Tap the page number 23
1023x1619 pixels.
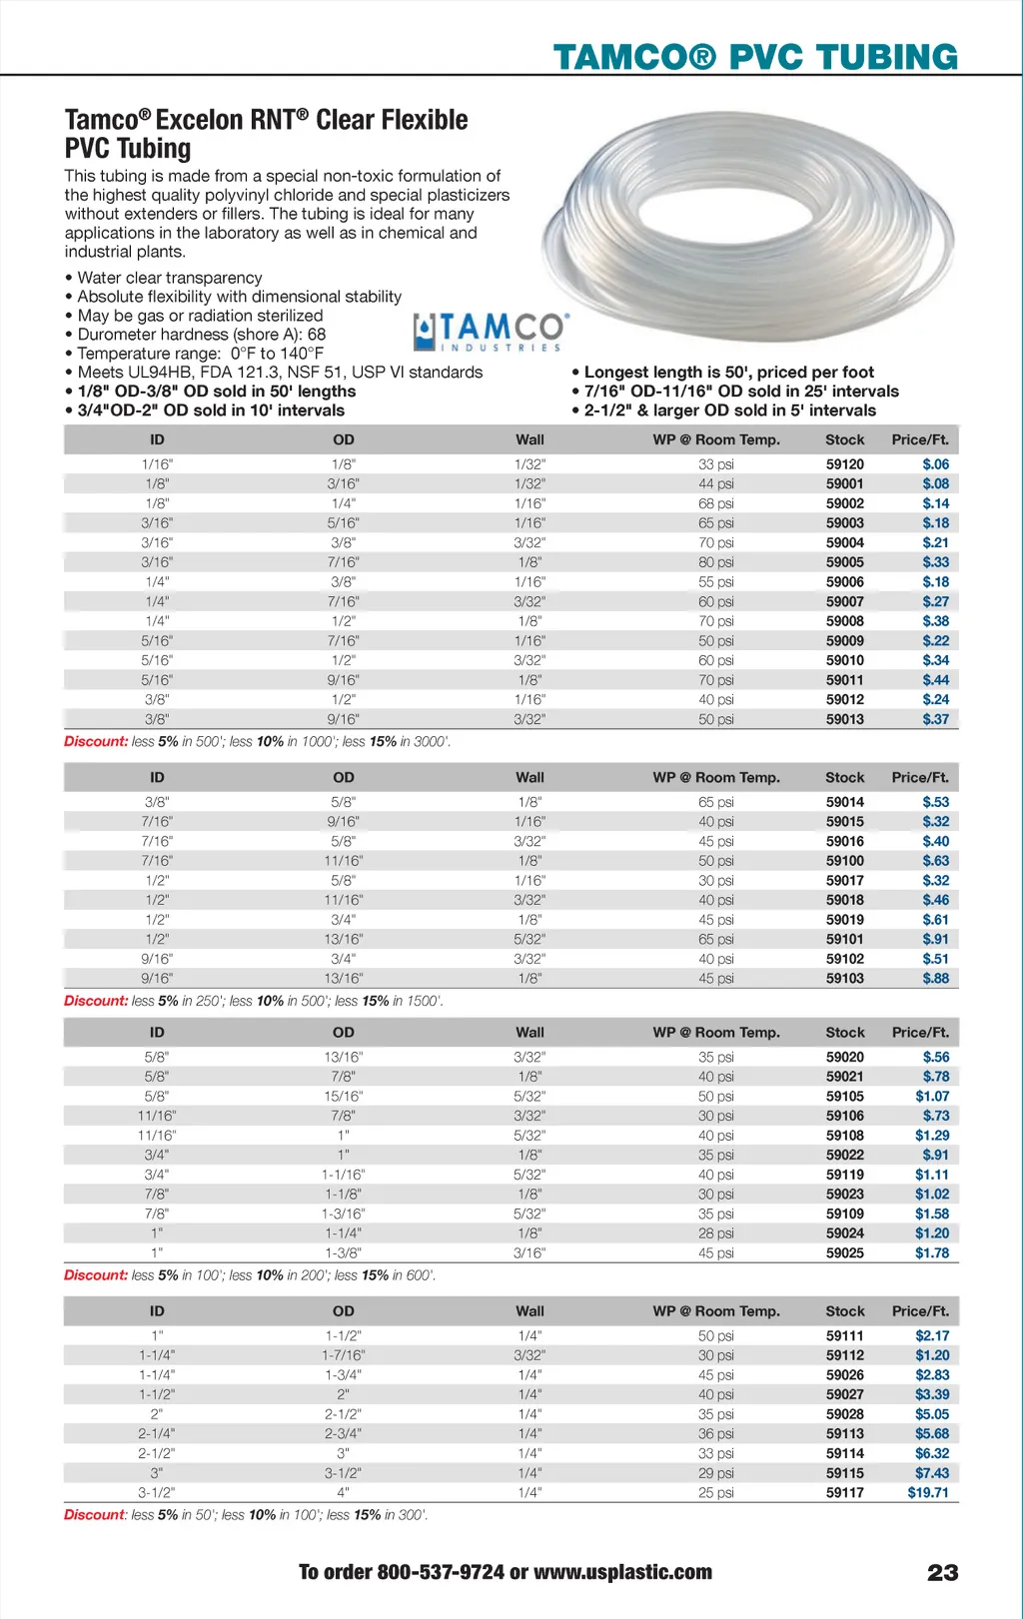pyautogui.click(x=942, y=1573)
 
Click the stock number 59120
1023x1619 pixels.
pyautogui.click(x=844, y=464)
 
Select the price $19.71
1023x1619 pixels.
pyautogui.click(x=928, y=1493)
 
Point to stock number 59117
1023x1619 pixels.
pyautogui.click(x=844, y=1493)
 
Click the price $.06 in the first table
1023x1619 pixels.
pyautogui.click(x=935, y=464)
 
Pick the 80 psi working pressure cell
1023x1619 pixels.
pyautogui.click(x=715, y=562)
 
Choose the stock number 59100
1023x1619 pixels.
pyautogui.click(x=844, y=861)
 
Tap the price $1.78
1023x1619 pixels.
pyautogui.click(x=932, y=1253)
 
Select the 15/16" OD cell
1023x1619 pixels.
pyautogui.click(x=343, y=1097)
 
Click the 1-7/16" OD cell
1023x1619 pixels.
pyautogui.click(x=343, y=1355)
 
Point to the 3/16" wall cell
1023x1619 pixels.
pyautogui.click(x=529, y=1253)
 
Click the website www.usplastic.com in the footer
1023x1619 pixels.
pyautogui.click(x=622, y=1573)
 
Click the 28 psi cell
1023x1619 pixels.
pyautogui.click(x=715, y=1233)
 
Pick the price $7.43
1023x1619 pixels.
pyautogui.click(x=932, y=1473)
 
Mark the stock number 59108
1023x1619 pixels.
pyautogui.click(x=844, y=1136)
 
